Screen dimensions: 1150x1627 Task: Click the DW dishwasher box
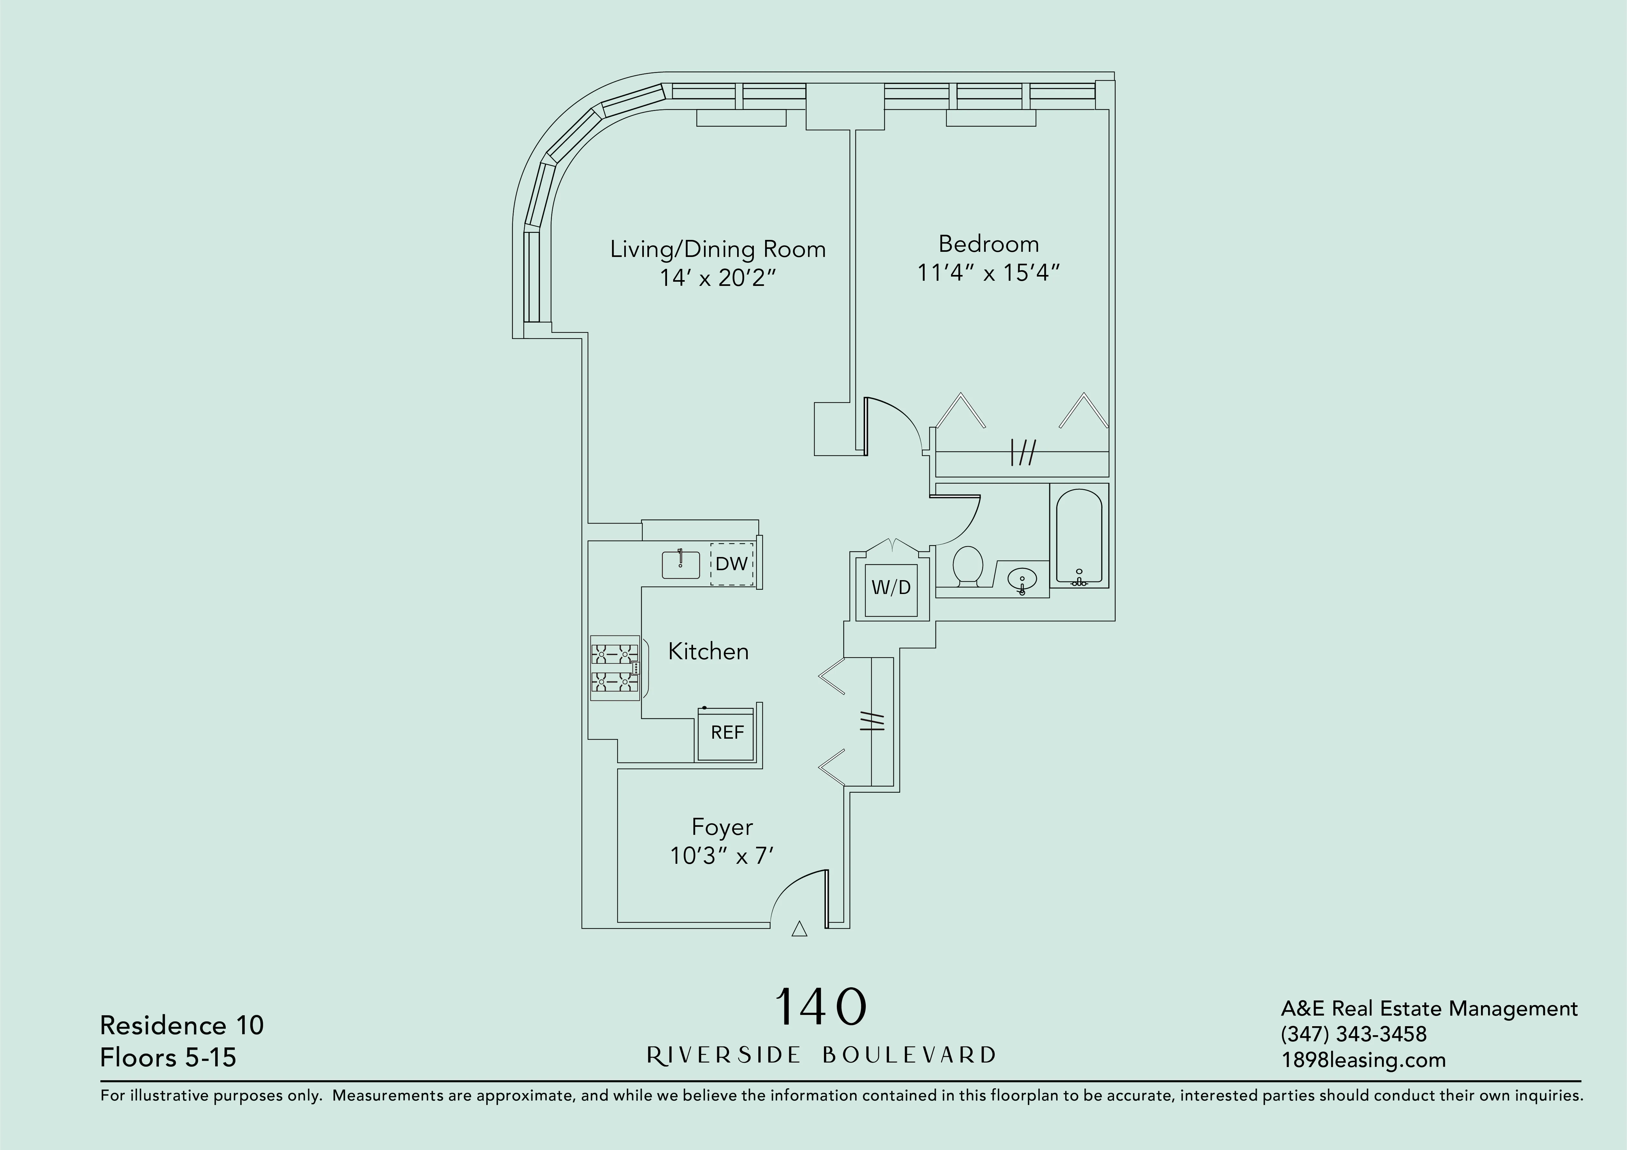pos(731,564)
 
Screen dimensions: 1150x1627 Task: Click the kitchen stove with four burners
pos(615,668)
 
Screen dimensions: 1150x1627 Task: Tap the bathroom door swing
pos(957,521)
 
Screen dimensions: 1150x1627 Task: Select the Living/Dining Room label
pos(718,250)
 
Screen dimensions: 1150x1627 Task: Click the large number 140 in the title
pos(821,1007)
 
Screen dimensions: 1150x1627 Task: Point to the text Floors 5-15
pos(168,1058)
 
